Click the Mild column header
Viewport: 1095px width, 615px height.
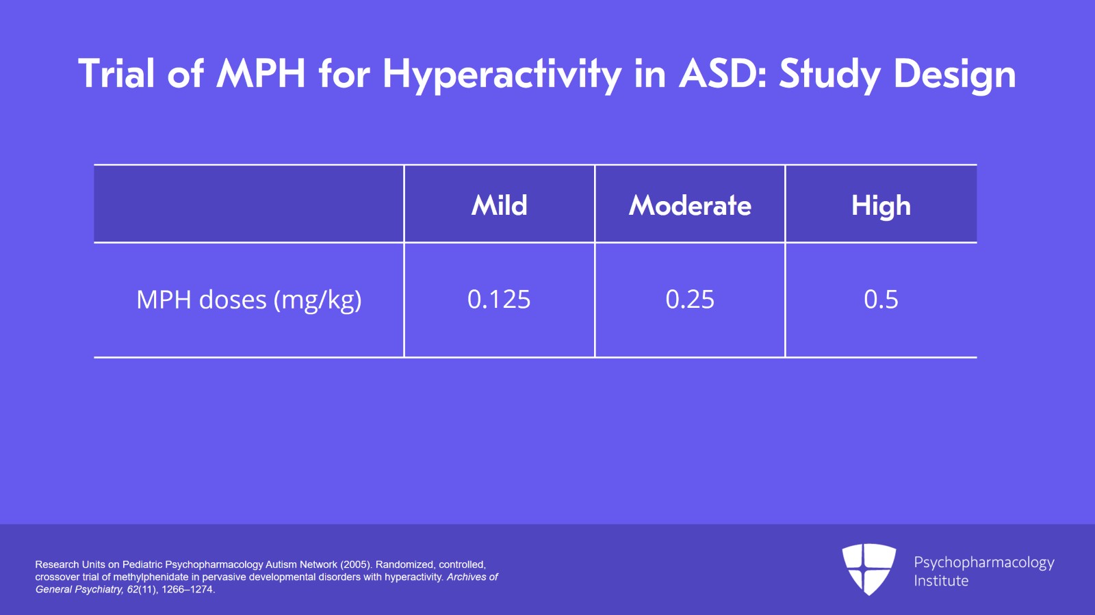499,205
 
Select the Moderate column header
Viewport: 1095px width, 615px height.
690,205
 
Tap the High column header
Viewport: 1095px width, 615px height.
881,206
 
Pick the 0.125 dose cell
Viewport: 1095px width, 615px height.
499,299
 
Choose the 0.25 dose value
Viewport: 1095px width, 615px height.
690,299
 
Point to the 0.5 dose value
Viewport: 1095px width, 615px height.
881,299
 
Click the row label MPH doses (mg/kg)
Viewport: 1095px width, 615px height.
249,300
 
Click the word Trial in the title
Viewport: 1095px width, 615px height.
116,74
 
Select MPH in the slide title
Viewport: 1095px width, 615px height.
261,74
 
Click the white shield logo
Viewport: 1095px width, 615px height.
869,569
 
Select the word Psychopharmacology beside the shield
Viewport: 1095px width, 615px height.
984,563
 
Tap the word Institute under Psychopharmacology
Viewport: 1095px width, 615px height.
941,581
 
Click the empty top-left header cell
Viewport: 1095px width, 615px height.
249,204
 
